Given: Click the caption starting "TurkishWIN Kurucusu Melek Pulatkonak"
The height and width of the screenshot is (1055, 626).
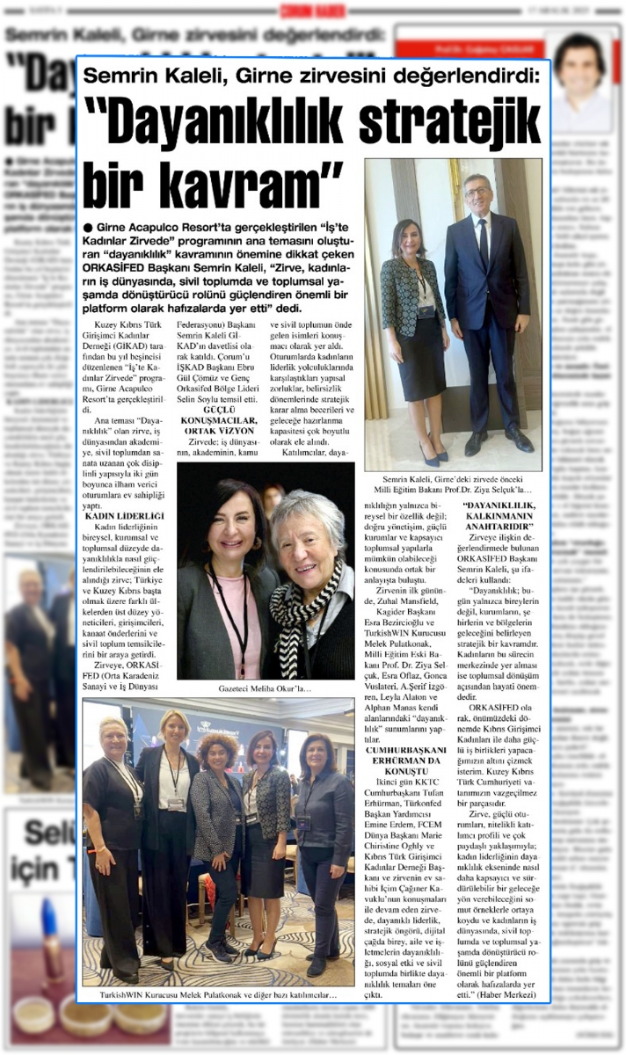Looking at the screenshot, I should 219,995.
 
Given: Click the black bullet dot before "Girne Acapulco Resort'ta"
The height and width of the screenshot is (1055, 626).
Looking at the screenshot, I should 90,227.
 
